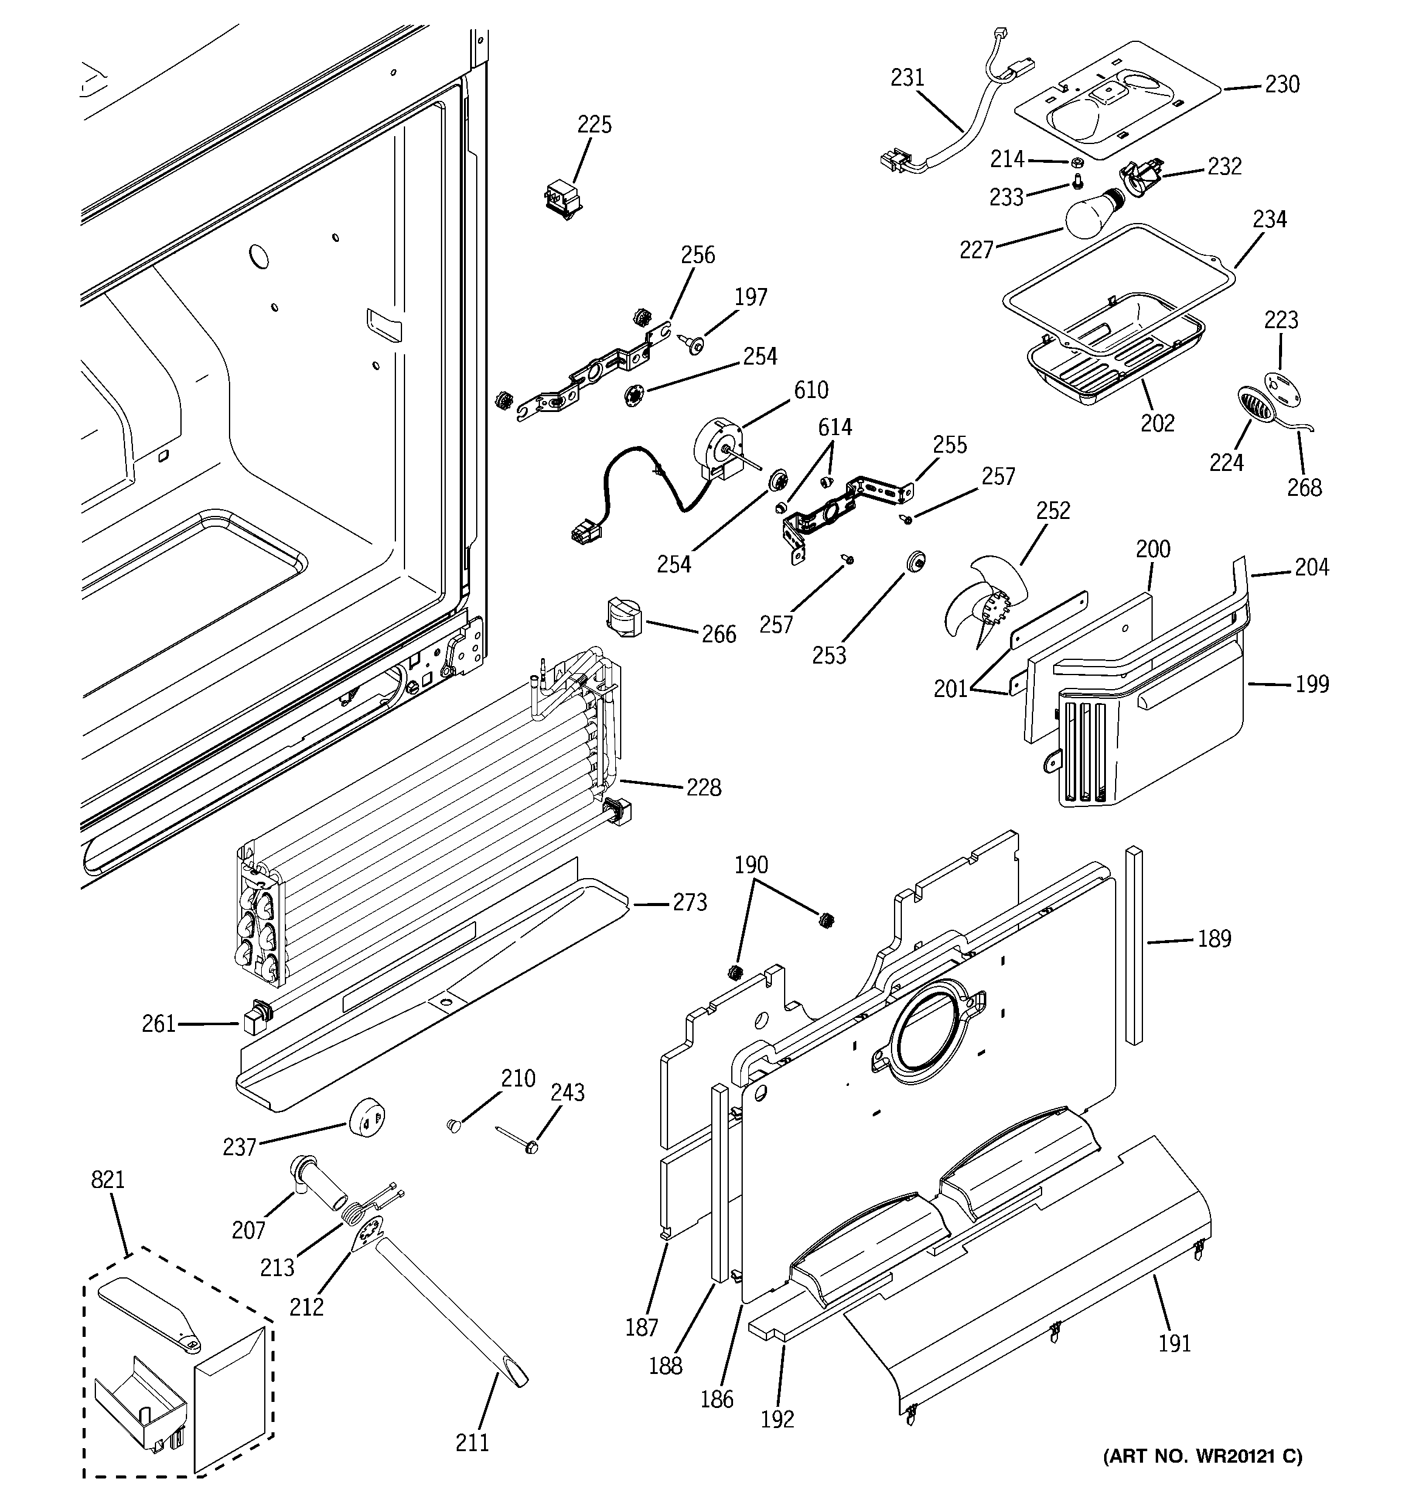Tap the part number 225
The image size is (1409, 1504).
(x=595, y=125)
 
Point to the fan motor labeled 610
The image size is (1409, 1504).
(x=718, y=448)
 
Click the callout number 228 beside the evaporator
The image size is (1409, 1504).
(x=703, y=788)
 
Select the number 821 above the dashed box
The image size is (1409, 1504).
(x=107, y=1180)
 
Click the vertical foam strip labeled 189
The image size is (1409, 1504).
(x=1134, y=946)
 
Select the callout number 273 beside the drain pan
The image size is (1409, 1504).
(x=690, y=902)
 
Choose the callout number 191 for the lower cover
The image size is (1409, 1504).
(x=1175, y=1343)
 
